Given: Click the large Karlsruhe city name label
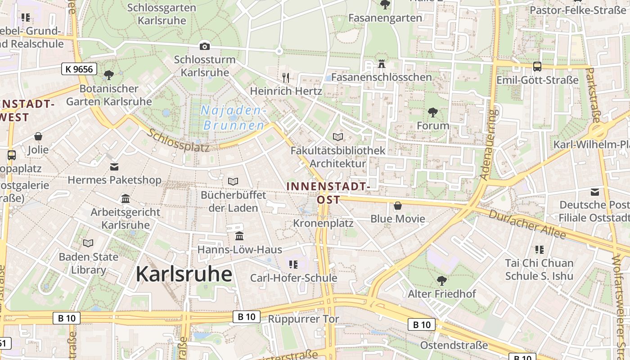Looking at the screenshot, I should click(184, 274).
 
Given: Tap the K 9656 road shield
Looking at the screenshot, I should click(79, 69).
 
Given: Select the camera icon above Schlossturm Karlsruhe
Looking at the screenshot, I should click(205, 46).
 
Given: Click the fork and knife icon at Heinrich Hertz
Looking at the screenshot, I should click(286, 77).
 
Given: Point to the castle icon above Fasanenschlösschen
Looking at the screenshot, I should click(382, 64).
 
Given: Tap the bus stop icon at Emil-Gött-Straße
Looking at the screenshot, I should click(537, 67).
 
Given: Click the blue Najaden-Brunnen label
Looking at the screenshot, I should click(234, 118).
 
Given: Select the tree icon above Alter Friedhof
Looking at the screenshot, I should click(442, 280).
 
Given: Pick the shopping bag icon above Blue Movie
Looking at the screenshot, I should click(398, 206).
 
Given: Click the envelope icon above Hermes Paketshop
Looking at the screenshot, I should click(114, 167).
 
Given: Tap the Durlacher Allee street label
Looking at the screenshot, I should click(527, 224).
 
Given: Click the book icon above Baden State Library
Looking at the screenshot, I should click(88, 243).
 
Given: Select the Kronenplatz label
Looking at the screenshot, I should click(323, 223).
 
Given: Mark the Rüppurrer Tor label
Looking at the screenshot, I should click(303, 319).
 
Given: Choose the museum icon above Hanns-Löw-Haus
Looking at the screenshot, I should click(239, 236).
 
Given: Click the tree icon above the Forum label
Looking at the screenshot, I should click(433, 112).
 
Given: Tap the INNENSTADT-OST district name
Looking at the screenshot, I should click(328, 193).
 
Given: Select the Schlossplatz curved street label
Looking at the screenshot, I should click(178, 140).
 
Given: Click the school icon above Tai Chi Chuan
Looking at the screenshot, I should click(539, 249).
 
